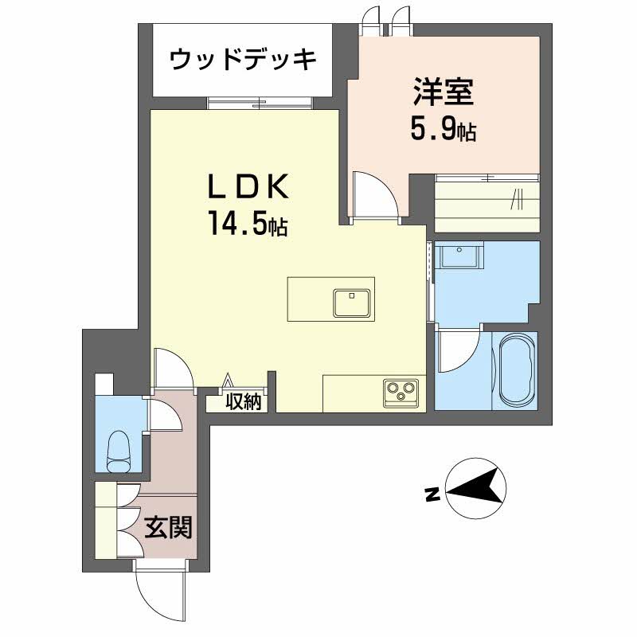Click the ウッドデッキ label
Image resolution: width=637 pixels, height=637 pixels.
coord(244,59)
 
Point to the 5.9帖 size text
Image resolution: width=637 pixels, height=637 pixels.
coord(443,129)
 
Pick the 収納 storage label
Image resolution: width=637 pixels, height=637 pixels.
coord(242,401)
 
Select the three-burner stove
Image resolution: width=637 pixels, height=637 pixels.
coord(401,392)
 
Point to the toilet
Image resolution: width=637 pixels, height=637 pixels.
coord(119,447)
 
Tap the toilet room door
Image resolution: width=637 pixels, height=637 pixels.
coord(163,414)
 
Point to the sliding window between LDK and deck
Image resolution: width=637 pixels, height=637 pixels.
coord(259,103)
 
